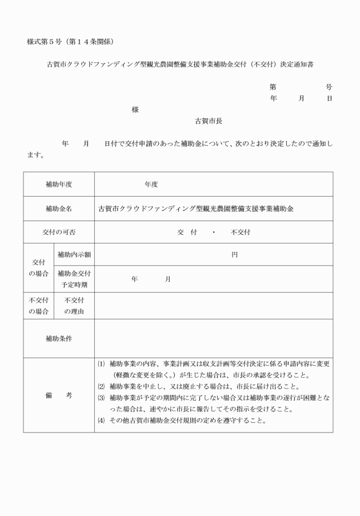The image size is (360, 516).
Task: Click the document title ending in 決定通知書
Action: click(x=179, y=65)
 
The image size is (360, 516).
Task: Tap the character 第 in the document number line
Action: click(x=273, y=87)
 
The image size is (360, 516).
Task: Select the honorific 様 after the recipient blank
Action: click(x=135, y=109)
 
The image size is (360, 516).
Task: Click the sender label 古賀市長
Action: click(x=209, y=121)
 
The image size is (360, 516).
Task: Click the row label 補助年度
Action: click(x=59, y=185)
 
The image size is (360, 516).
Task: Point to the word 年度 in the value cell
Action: click(x=151, y=185)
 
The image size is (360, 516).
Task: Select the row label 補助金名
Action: click(x=59, y=209)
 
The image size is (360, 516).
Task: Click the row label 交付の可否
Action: click(x=59, y=233)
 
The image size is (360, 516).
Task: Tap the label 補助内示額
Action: click(x=74, y=254)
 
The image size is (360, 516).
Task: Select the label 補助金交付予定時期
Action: click(x=74, y=279)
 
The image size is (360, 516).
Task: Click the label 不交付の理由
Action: click(x=74, y=306)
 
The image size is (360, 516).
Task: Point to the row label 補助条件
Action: click(x=59, y=338)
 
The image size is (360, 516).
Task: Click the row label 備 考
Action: click(x=59, y=395)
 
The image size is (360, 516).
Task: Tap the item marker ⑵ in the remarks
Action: click(x=101, y=386)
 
